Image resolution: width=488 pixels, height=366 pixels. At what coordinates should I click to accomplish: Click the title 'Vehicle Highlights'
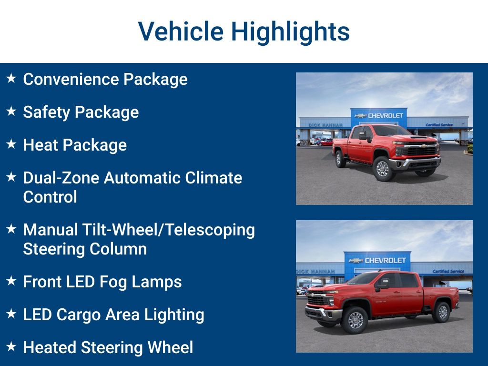click(x=244, y=31)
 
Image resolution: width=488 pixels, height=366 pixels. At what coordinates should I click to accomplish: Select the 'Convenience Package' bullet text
click(x=105, y=79)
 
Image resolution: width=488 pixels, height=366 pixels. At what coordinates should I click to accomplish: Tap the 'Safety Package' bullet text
click(x=81, y=112)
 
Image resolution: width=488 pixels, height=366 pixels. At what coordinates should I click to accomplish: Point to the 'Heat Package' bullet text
click(x=75, y=145)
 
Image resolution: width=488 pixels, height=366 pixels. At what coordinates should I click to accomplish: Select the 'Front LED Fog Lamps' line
click(x=102, y=282)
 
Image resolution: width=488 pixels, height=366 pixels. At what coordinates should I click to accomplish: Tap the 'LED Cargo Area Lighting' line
click(x=113, y=315)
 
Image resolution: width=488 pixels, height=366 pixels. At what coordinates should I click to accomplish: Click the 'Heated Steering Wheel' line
click(x=108, y=347)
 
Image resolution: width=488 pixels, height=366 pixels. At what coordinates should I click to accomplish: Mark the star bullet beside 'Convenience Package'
click(x=11, y=78)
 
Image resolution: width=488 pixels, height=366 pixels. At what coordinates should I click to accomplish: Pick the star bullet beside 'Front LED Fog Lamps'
click(x=11, y=281)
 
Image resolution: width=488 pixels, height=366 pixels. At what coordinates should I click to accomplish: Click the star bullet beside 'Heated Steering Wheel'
click(x=11, y=346)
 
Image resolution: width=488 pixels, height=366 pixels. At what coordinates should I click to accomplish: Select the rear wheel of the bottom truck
click(x=442, y=312)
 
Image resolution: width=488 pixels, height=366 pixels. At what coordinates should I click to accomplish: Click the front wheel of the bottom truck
click(x=356, y=320)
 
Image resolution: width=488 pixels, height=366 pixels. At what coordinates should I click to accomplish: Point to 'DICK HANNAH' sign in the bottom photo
click(x=315, y=272)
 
